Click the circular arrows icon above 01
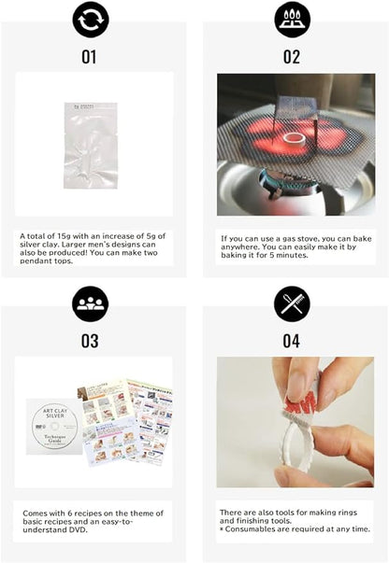click(90, 20)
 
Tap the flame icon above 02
click(292, 20)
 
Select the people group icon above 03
click(90, 303)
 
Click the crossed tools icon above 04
click(292, 303)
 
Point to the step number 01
click(90, 57)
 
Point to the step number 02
click(292, 57)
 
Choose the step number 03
click(90, 341)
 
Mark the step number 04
click(292, 341)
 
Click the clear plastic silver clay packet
click(90, 146)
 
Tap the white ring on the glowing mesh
click(296, 141)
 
